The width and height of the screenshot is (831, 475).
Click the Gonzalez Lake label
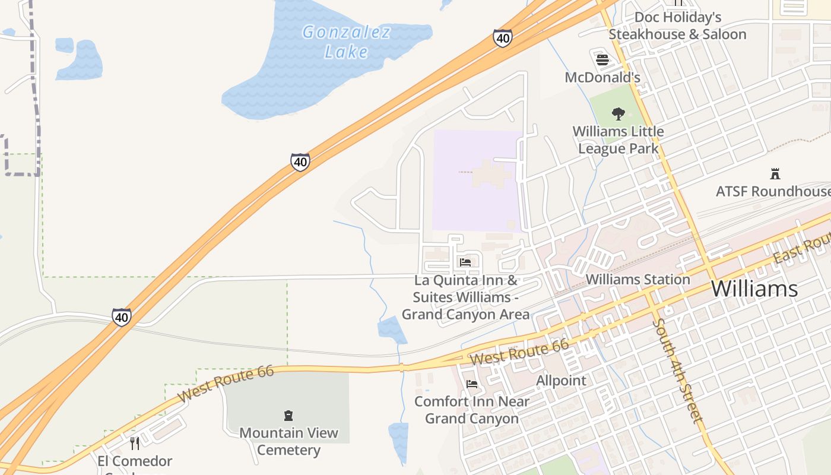347,42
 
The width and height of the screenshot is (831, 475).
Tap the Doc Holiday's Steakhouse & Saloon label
677,26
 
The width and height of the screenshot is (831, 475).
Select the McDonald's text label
602,77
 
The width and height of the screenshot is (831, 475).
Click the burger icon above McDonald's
602,59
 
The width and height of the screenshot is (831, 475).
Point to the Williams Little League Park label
618,140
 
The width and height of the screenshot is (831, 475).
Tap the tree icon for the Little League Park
618,113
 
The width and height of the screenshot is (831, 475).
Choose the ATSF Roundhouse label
773,191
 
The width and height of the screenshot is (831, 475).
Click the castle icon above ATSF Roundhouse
775,174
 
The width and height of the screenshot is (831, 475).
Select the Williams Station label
637,279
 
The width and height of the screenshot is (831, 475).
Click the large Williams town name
754,289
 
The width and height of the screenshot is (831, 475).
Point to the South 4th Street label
677,371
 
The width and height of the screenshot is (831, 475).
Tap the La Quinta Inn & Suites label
465,297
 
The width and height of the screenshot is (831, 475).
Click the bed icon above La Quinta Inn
465,262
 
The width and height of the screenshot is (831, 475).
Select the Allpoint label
561,380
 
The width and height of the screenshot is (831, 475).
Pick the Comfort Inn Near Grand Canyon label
472,410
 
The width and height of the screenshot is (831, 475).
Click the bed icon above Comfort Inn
472,384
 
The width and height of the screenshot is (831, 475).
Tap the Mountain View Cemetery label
288,441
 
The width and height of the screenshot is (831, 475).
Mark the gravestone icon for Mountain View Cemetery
288,416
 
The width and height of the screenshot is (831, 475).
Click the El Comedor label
135,461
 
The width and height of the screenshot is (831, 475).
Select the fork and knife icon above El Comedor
135,444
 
